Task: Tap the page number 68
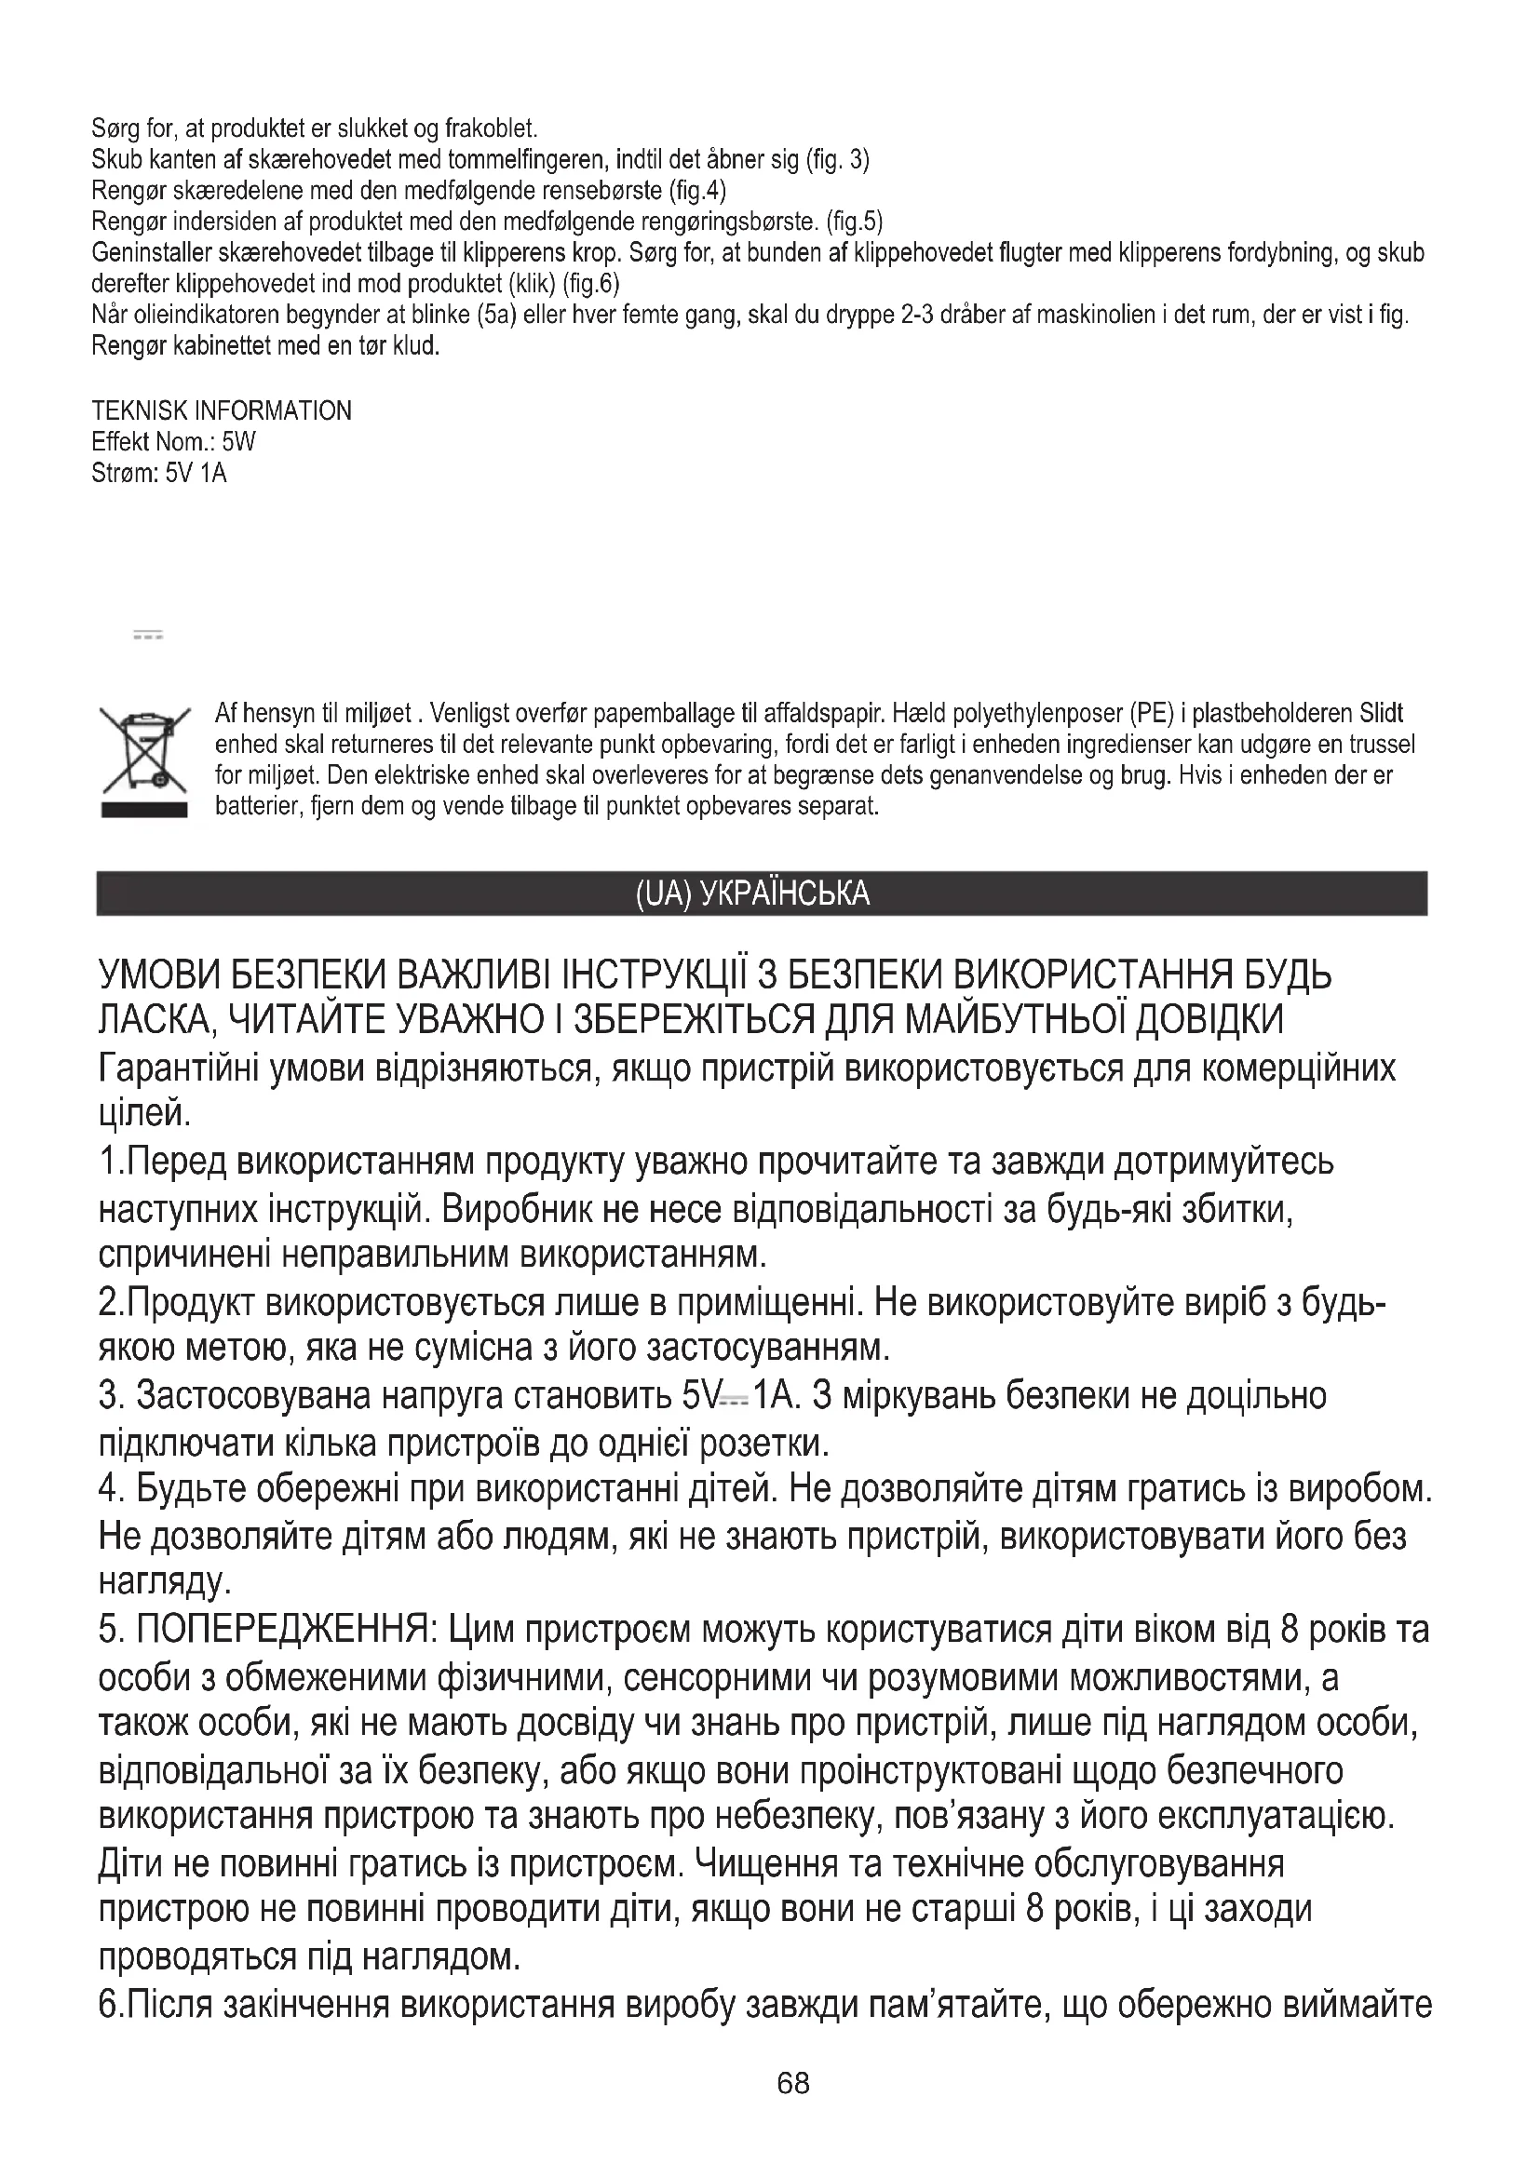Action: click(792, 2084)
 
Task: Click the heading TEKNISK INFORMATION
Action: click(222, 410)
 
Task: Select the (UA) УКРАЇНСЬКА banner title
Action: click(752, 894)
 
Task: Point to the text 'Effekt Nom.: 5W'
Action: click(173, 442)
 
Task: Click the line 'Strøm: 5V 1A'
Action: click(159, 473)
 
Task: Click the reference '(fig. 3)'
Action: click(837, 159)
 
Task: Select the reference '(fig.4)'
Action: click(697, 191)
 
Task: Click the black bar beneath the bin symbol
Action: click(144, 810)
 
